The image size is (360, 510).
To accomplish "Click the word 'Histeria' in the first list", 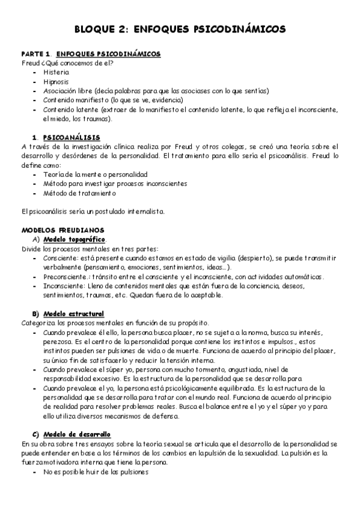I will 56,71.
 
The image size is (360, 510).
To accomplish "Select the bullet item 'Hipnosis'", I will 56,81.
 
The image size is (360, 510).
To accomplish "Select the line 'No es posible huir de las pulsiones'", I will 95,472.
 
